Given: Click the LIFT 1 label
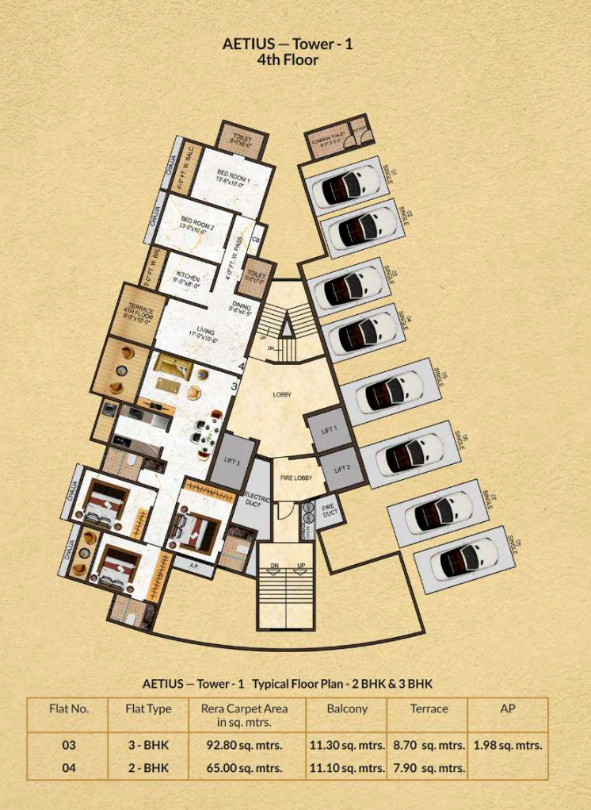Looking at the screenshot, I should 330,428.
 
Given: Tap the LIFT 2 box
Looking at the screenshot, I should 342,469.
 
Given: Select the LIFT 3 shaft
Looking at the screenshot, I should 232,462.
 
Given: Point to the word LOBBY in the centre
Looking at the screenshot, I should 282,394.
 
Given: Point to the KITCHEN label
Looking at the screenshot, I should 188,278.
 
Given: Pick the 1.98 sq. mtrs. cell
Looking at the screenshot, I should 508,746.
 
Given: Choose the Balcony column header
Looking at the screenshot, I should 347,708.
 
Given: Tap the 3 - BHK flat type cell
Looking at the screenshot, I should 148,746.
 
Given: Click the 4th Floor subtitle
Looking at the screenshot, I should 288,59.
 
